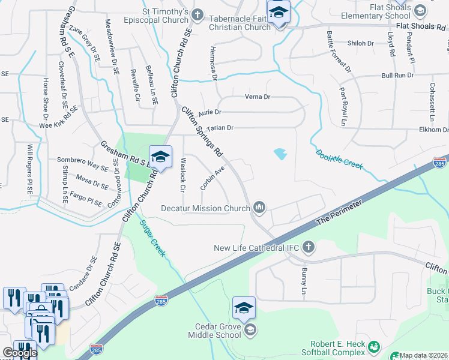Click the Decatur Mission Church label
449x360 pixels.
tap(205, 209)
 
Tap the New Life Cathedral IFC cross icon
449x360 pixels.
tap(309, 247)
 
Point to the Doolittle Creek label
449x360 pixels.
tap(339, 159)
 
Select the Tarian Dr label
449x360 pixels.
tap(220, 128)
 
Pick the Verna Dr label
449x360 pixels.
tap(258, 97)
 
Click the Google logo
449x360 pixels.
tap(19, 353)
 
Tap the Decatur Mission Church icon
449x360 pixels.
tap(259, 208)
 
